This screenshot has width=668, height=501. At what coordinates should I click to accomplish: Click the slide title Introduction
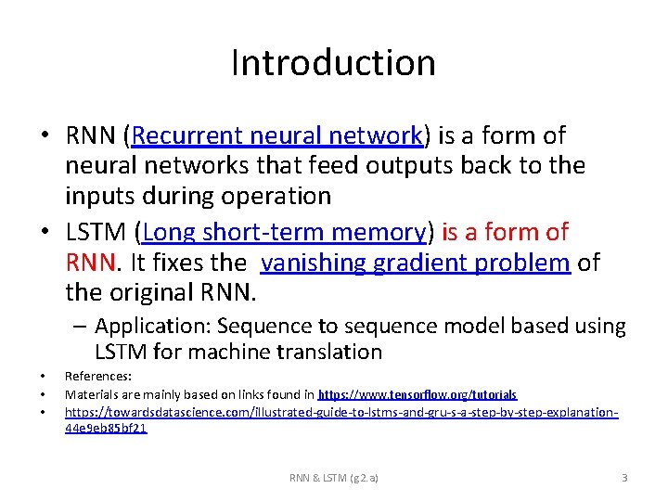(x=333, y=63)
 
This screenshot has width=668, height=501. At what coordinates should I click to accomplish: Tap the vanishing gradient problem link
(x=416, y=263)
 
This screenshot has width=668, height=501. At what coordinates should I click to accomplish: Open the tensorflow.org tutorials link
(x=418, y=394)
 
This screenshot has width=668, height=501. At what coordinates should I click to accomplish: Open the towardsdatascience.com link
(x=340, y=410)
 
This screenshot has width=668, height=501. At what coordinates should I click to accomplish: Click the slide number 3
(x=624, y=478)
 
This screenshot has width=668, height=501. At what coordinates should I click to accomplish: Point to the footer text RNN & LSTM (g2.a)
(x=334, y=478)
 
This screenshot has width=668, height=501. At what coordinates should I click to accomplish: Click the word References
(x=97, y=377)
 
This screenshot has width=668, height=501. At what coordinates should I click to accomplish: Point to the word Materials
(x=89, y=394)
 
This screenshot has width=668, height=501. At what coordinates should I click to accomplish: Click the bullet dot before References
(x=43, y=377)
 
